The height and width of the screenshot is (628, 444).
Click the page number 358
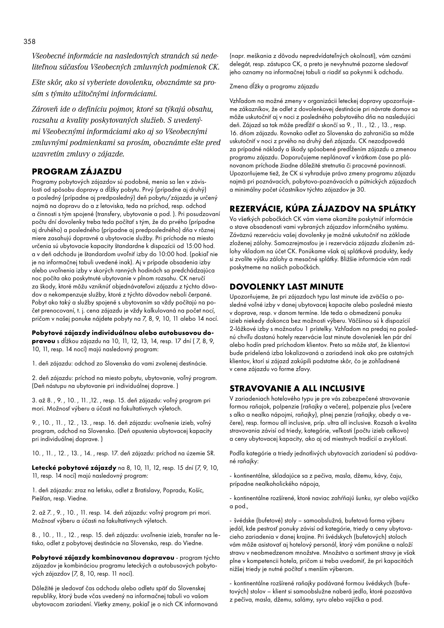tap(30, 42)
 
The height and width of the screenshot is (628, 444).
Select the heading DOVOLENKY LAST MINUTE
tap(286, 287)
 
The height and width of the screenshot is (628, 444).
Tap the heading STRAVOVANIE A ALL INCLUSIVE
tap(297, 388)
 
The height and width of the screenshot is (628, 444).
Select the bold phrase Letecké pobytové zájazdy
tap(74, 468)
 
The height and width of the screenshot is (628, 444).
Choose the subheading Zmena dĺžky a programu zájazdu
tap(274, 87)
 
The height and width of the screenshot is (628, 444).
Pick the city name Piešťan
tap(41, 498)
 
